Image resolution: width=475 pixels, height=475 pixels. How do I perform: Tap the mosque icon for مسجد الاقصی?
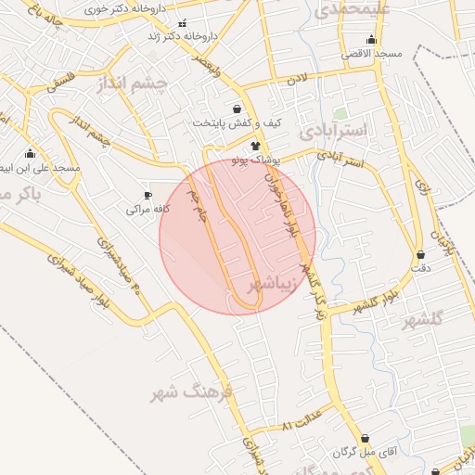point(371,39)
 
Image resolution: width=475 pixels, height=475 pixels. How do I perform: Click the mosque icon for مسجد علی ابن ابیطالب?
point(30,153)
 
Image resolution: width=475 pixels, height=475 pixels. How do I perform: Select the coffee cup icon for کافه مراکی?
point(147,195)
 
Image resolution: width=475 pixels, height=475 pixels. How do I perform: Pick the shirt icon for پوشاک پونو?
point(255,147)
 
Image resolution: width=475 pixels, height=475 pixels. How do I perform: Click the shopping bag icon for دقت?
point(421,253)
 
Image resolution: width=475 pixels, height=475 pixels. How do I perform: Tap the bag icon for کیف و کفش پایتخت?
point(237,109)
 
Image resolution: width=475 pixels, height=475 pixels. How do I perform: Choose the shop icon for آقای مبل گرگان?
point(365,438)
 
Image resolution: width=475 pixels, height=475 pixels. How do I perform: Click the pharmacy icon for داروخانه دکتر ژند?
point(182,23)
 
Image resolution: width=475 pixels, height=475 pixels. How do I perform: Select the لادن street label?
point(296,81)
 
